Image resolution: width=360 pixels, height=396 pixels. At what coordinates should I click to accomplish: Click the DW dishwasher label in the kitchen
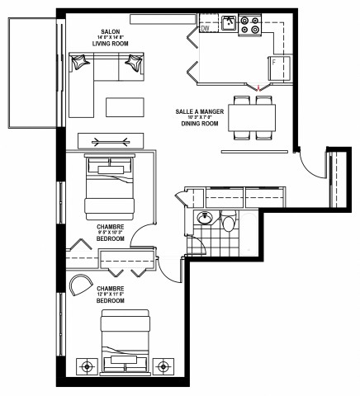tap(205, 30)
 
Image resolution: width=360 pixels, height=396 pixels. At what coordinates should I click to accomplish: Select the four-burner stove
tap(250, 26)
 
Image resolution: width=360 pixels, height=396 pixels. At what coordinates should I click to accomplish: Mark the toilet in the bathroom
tap(229, 219)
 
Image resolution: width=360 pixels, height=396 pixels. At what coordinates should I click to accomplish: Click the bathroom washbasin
tap(205, 219)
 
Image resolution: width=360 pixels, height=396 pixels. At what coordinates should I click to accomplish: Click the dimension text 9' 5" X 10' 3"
tap(109, 233)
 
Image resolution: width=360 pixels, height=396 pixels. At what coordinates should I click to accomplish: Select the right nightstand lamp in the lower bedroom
tap(163, 365)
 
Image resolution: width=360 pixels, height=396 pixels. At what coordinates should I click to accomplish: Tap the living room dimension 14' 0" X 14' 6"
tap(110, 38)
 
